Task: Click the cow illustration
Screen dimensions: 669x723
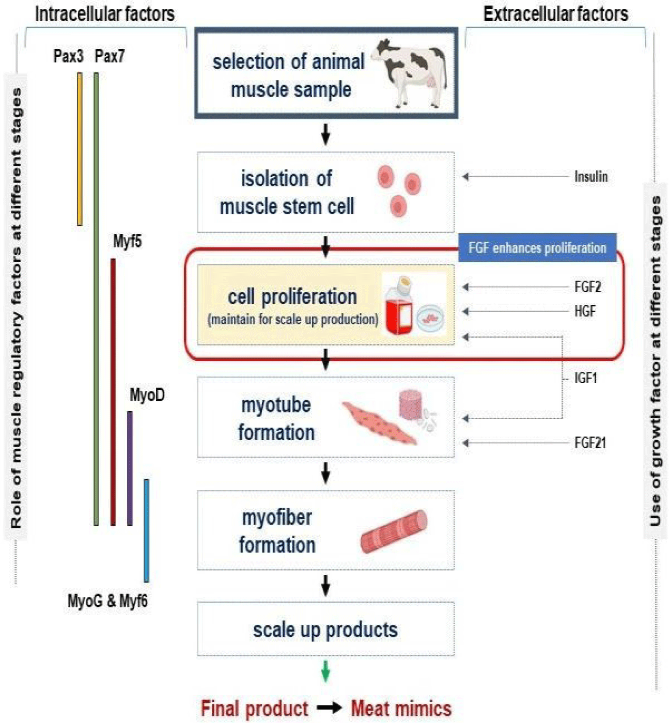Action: point(409,73)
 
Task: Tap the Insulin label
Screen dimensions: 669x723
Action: point(590,177)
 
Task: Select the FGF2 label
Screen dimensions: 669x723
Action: point(587,287)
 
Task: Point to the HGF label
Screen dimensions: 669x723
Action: point(585,311)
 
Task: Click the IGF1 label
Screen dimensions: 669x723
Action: point(586,379)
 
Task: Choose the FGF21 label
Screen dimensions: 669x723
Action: point(590,443)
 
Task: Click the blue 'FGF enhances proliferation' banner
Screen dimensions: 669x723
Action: point(537,247)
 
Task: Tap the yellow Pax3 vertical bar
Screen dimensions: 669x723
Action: point(80,149)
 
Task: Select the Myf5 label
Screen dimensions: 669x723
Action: point(127,241)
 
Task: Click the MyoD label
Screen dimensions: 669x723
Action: point(147,395)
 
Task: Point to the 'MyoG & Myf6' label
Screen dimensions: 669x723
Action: point(108,601)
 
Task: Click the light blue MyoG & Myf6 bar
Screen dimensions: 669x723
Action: point(146,531)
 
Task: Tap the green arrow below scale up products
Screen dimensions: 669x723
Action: point(325,670)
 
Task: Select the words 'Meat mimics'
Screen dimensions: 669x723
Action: point(401,709)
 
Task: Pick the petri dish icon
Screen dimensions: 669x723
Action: point(430,319)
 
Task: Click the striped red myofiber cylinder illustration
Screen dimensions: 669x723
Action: point(394,532)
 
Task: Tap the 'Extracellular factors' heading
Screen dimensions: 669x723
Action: point(556,14)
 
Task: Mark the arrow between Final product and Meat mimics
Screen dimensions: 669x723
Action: point(329,708)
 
